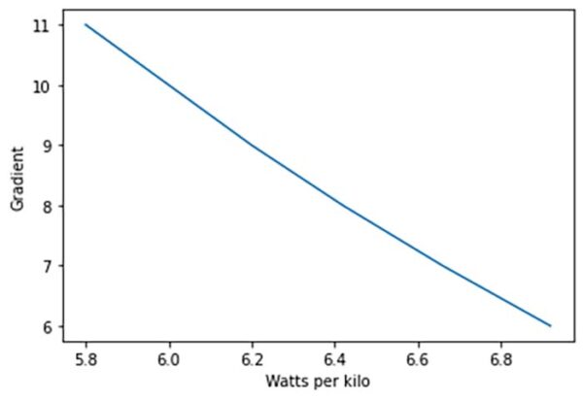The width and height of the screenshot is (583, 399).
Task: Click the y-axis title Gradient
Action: [x=17, y=176]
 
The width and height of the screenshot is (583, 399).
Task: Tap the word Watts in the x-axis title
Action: [x=285, y=382]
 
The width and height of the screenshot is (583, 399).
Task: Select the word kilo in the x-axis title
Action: [x=354, y=382]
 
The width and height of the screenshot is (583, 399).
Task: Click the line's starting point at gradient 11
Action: [x=86, y=24]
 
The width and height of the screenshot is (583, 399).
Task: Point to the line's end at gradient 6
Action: [x=551, y=326]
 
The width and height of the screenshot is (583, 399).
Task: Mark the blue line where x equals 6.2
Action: [x=253, y=146]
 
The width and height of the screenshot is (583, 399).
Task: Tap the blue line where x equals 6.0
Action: [x=169, y=84]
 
